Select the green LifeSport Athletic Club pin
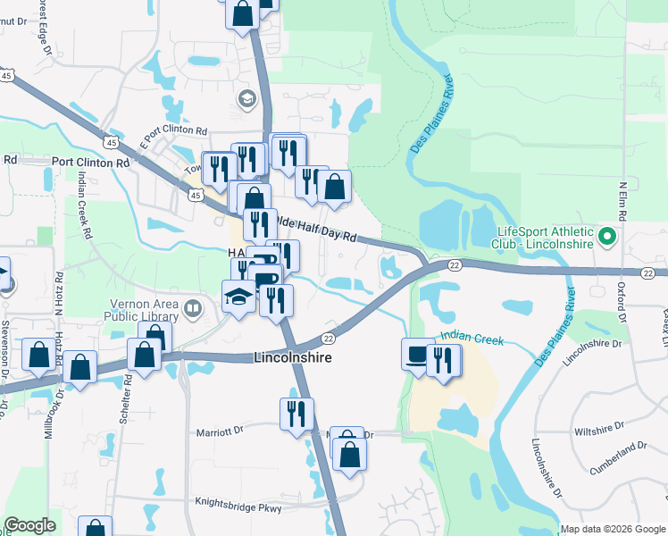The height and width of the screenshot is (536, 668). point(607,238)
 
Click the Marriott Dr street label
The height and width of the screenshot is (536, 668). point(219,431)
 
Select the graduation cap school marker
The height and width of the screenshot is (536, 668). point(238,297)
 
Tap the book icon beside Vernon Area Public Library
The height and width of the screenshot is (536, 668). point(192,309)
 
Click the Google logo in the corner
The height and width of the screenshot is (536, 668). point(30,526)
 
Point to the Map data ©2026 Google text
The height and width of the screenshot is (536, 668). point(612,529)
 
